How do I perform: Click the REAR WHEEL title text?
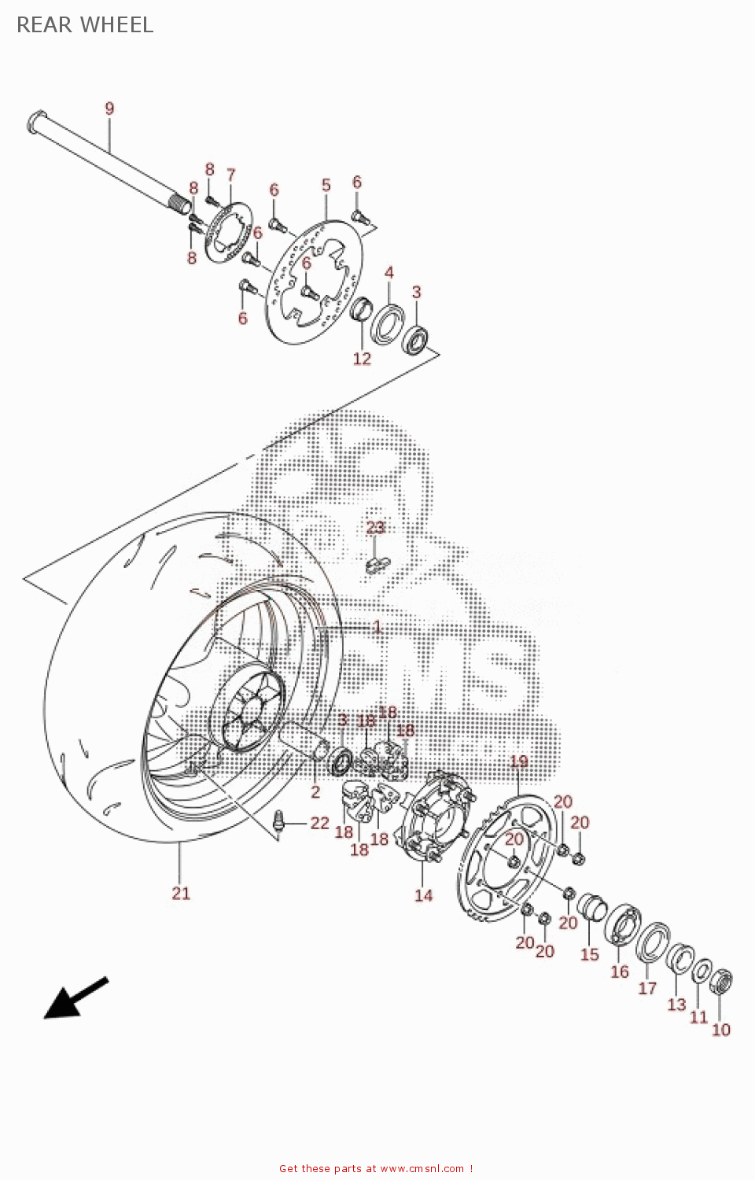(x=85, y=25)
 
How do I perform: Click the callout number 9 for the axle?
(x=109, y=109)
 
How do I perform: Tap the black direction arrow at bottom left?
(x=74, y=998)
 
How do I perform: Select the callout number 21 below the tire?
(x=181, y=893)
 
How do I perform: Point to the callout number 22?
(x=319, y=823)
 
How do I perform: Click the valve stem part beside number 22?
(x=278, y=821)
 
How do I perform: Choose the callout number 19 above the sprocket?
(x=519, y=761)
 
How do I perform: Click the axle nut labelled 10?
(x=721, y=983)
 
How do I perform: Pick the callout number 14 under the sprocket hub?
(x=423, y=895)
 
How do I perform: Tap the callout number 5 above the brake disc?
(x=326, y=185)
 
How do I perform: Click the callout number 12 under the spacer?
(x=362, y=359)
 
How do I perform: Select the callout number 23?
(x=376, y=527)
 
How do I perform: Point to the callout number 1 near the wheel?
(x=377, y=626)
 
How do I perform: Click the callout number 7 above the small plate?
(x=230, y=174)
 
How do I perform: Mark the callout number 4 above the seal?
(x=389, y=272)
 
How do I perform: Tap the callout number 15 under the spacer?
(x=590, y=954)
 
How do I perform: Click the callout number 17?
(x=647, y=987)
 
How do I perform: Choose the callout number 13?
(x=676, y=1005)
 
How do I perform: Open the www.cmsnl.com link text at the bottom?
(x=422, y=1169)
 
